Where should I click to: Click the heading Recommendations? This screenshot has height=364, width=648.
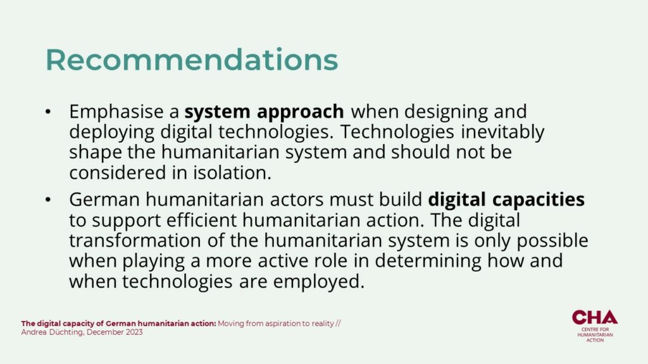192,60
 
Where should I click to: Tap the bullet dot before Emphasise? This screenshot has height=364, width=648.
48,112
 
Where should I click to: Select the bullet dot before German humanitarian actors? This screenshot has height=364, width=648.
48,200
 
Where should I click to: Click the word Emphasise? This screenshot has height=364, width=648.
116,111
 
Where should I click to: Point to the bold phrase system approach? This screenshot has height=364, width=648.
264,112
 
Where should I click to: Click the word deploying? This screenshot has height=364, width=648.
111,133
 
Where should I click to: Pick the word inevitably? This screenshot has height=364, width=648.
502,133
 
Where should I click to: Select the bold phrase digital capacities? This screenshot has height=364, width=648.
506,200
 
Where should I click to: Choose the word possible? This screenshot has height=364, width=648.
552,241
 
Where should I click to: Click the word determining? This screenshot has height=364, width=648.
428,261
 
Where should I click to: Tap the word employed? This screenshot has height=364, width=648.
319,282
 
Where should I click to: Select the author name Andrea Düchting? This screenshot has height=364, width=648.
53,332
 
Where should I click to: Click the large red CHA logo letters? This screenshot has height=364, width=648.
595,317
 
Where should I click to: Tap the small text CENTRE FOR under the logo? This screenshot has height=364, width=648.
595,330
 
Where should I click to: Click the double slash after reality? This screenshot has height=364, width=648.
338,324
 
